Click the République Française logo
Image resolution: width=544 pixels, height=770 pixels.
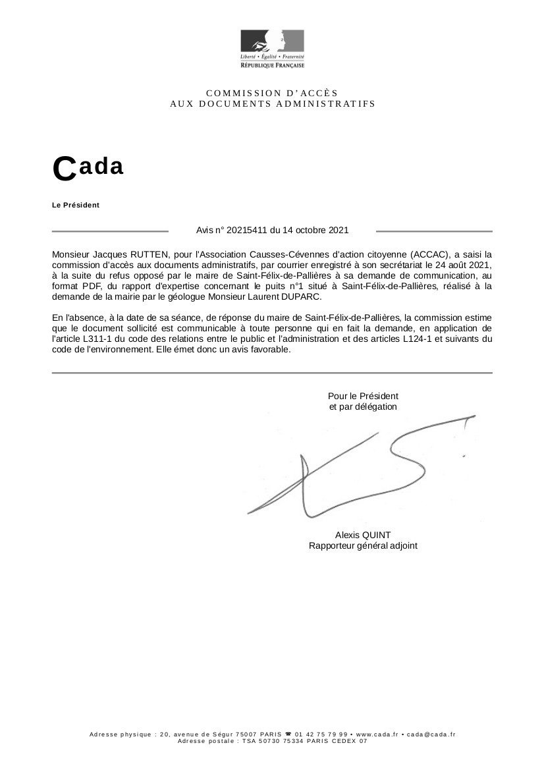pyautogui.click(x=272, y=48)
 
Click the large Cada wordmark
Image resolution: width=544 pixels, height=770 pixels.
pyautogui.click(x=88, y=167)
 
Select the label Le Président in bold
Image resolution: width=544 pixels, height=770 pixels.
pyautogui.click(x=76, y=205)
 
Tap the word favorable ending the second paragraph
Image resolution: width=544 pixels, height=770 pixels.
pyautogui.click(x=270, y=350)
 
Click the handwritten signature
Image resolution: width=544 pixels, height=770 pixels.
pyautogui.click(x=356, y=468)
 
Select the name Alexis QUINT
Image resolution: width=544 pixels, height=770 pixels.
pyautogui.click(x=363, y=535)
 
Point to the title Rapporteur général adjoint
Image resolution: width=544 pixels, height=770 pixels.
pyautogui.click(x=363, y=545)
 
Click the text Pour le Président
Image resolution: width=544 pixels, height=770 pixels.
pyautogui.click(x=363, y=396)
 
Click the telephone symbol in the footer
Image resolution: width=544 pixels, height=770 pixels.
pyautogui.click(x=288, y=734)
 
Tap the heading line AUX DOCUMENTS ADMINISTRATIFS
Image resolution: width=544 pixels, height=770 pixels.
pyautogui.click(x=272, y=103)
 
